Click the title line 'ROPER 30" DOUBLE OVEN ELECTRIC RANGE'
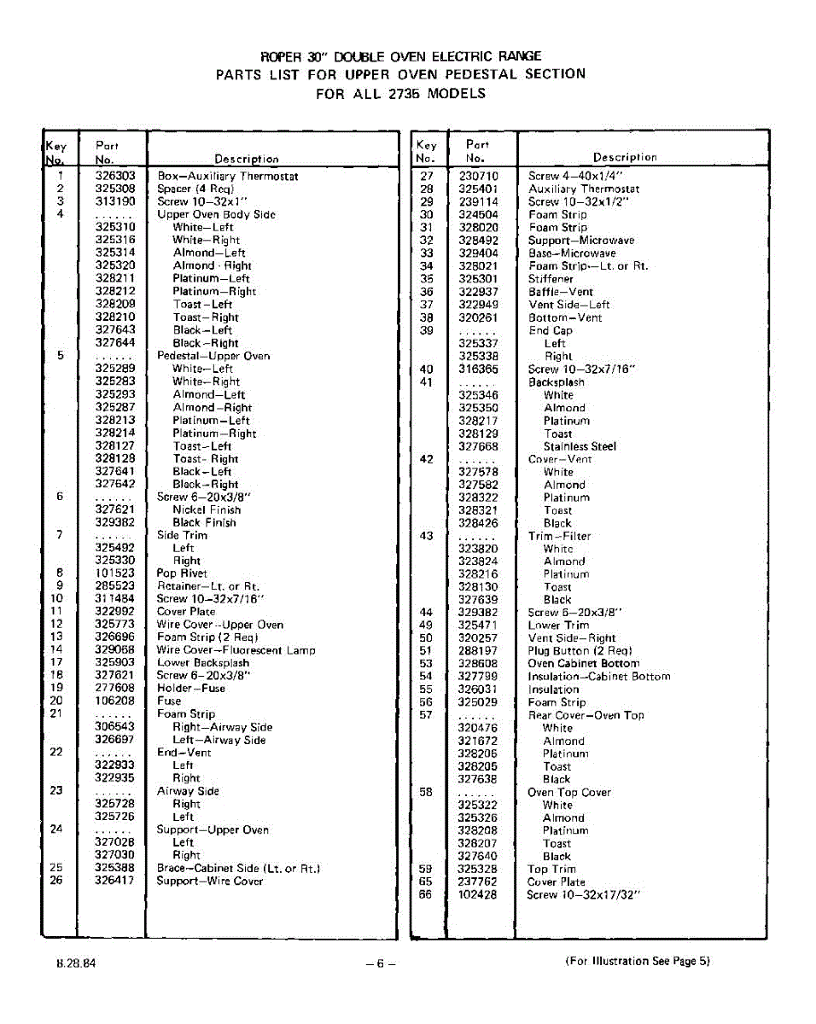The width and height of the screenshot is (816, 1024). tap(401, 56)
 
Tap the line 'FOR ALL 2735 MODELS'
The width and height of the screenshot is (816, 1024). tap(400, 94)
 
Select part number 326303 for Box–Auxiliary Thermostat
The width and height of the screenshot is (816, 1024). tap(115, 176)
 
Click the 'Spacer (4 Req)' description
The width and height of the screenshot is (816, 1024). tap(195, 189)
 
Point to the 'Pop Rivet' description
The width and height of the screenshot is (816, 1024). tap(182, 573)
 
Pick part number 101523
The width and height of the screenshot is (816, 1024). tap(115, 573)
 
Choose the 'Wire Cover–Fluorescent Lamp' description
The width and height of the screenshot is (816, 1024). tap(236, 650)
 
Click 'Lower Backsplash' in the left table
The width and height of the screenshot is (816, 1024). tap(203, 663)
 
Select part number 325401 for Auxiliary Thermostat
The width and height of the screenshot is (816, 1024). tap(478, 189)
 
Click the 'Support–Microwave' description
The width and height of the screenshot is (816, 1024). tap(581, 241)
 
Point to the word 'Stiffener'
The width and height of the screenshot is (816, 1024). tap(551, 279)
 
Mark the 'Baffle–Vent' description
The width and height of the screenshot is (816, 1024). tap(561, 292)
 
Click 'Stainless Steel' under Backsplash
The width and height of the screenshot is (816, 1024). tap(580, 446)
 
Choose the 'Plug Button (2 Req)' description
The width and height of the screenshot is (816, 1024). tap(580, 651)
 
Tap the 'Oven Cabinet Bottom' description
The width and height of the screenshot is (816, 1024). tap(583, 664)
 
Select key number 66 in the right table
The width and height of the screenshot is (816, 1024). tap(426, 895)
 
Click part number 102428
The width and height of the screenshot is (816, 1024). tap(478, 895)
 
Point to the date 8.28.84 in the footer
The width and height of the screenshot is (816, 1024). tap(77, 963)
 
